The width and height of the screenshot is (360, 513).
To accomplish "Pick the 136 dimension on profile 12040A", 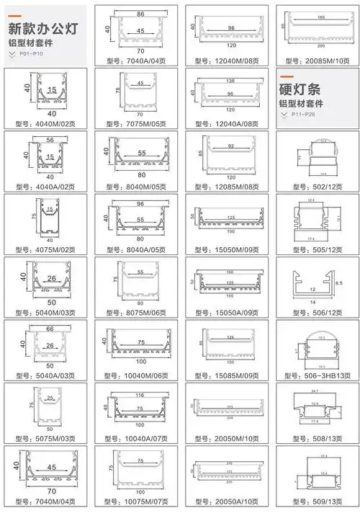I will tap(230, 80).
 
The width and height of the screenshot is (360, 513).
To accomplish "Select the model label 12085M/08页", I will tap(226, 186).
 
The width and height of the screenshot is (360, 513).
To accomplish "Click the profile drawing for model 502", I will tap(317, 156).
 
